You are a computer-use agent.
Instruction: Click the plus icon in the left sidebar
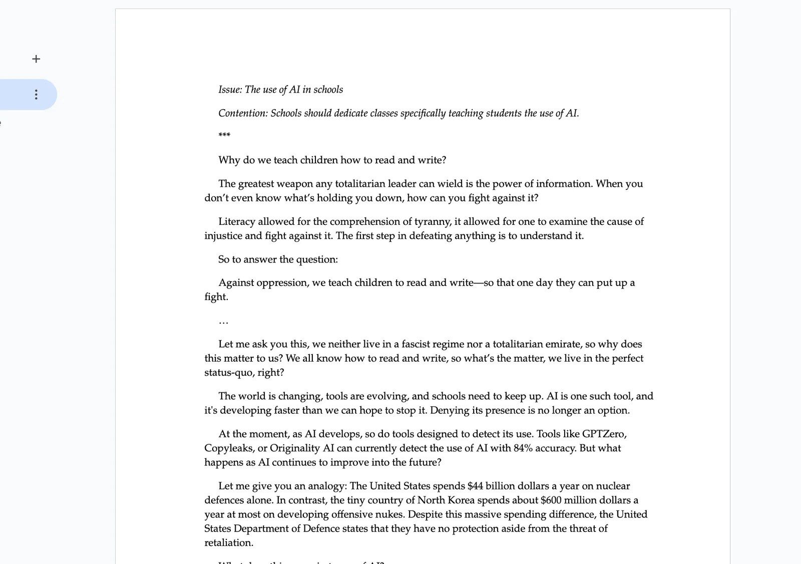[36, 59]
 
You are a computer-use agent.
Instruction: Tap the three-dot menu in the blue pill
[36, 95]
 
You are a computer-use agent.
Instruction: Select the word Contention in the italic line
[243, 113]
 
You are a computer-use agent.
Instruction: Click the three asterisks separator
[224, 135]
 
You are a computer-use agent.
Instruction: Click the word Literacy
[237, 221]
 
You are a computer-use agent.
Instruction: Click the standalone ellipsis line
[223, 321]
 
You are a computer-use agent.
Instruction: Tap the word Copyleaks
[228, 448]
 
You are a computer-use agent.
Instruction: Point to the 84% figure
[523, 448]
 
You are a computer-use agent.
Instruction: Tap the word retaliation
[228, 543]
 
